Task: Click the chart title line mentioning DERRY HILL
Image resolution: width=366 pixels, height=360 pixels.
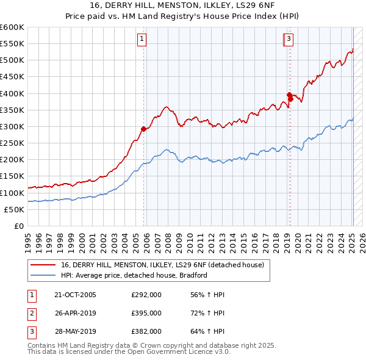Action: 182,6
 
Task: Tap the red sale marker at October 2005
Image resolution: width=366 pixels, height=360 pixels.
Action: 144,129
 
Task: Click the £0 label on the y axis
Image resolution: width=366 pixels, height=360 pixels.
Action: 18,226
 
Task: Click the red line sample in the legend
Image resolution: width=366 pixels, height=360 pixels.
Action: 43,265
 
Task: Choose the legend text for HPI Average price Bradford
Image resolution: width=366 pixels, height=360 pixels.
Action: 134,275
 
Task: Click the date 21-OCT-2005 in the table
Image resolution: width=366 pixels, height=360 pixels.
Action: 75,295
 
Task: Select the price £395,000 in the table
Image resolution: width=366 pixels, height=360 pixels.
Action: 146,313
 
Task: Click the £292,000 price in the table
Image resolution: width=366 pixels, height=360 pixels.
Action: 146,295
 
